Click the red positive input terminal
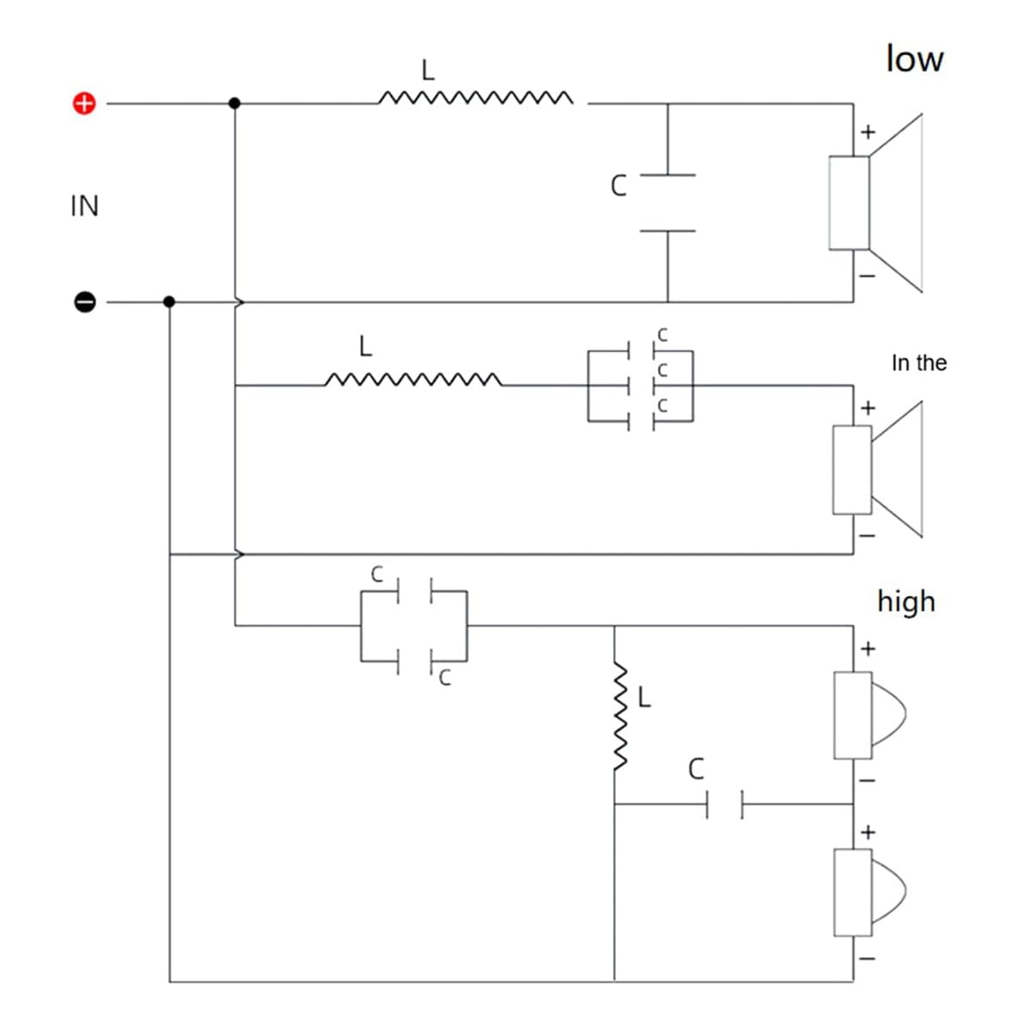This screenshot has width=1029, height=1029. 84,104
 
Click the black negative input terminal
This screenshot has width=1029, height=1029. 84,302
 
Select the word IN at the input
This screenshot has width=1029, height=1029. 84,206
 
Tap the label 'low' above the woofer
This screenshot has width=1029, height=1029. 914,59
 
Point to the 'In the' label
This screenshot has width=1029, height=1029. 919,363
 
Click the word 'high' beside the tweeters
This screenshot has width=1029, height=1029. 906,601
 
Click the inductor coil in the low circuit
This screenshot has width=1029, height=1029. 476,98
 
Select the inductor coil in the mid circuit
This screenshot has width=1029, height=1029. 412,379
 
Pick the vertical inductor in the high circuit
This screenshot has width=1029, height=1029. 620,716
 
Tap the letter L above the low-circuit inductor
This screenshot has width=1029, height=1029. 428,70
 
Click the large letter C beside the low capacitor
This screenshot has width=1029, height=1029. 618,186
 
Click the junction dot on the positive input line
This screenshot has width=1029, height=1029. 234,104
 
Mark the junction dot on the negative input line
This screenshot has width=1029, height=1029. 169,302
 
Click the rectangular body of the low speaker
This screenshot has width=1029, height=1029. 849,203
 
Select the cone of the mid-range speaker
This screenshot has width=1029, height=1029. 897,470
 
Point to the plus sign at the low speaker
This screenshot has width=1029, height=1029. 869,132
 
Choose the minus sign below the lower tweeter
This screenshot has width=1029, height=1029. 867,959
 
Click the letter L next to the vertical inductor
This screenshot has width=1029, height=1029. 645,697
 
